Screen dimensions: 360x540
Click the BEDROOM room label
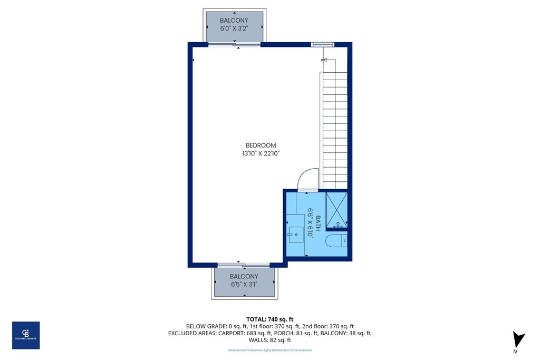pos(261,145)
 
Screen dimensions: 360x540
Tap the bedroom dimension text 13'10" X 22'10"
pos(261,154)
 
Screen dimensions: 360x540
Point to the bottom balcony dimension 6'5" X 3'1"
pos(244,285)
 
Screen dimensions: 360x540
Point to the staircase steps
pos(334,132)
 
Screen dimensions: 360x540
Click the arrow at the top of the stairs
pos(324,60)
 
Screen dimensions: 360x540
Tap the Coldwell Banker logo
pos(26,335)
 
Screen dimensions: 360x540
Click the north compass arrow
pos(518,339)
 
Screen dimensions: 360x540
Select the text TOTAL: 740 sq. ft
pos(269,319)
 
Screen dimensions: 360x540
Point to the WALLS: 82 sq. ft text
pos(269,340)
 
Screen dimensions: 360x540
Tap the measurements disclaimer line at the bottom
pos(269,351)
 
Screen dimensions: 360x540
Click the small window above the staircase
pos(322,44)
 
